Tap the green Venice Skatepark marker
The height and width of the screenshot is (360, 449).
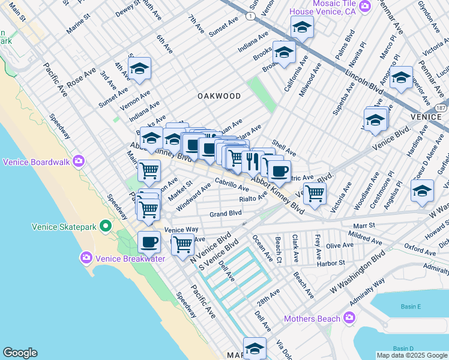(106, 226)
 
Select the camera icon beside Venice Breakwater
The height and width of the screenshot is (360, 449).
(86, 257)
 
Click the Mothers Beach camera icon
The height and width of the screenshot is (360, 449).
(349, 318)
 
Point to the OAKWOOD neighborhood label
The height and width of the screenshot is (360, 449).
(219, 96)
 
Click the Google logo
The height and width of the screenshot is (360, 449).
(20, 353)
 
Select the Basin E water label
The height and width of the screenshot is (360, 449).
(411, 307)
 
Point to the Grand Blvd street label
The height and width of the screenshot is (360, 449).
(226, 214)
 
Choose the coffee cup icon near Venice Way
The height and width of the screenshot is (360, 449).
(149, 242)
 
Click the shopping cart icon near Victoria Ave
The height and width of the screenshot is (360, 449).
(314, 193)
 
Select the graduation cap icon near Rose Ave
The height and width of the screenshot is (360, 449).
(139, 69)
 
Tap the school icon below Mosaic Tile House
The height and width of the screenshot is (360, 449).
(302, 27)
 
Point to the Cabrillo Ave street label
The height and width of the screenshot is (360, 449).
(232, 187)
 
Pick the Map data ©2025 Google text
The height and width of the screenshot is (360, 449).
(412, 355)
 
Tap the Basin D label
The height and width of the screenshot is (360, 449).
(403, 349)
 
